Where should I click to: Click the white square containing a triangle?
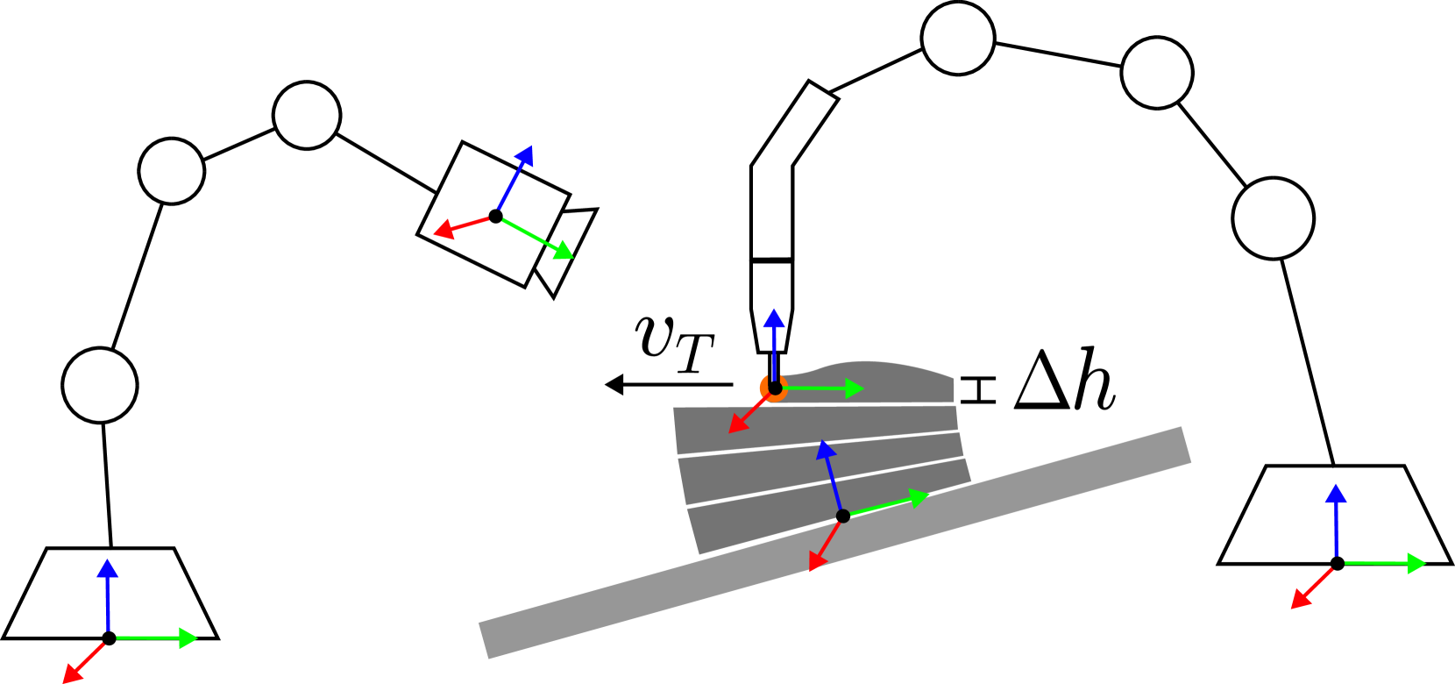(1039, 380)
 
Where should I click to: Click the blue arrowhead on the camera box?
(524, 156)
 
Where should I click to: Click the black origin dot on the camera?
(496, 216)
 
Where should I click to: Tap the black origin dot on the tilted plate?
(842, 516)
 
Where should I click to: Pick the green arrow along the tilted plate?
(890, 504)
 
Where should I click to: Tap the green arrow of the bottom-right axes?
(1385, 563)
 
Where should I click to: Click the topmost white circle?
(958, 39)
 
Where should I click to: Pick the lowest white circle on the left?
(100, 385)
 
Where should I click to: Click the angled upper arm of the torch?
(793, 127)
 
